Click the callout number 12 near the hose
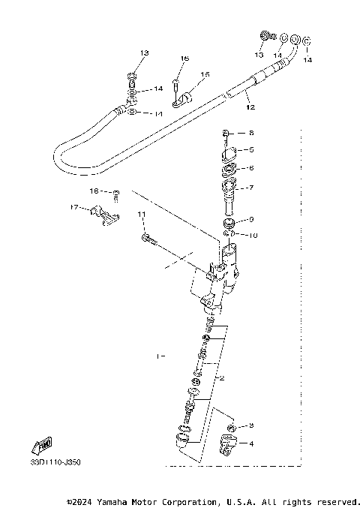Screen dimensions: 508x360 [250, 107]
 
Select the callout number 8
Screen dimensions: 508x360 [251, 133]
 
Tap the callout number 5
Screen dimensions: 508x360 [251, 149]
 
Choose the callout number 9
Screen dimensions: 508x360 [251, 219]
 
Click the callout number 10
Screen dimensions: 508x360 [253, 235]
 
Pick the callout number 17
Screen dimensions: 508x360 [74, 207]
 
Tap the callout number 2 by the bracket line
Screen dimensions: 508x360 [222, 377]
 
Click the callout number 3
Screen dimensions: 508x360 [251, 425]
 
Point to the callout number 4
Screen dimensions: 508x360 [251, 443]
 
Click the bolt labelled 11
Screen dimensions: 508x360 [148, 239]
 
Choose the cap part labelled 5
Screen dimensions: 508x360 [229, 155]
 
